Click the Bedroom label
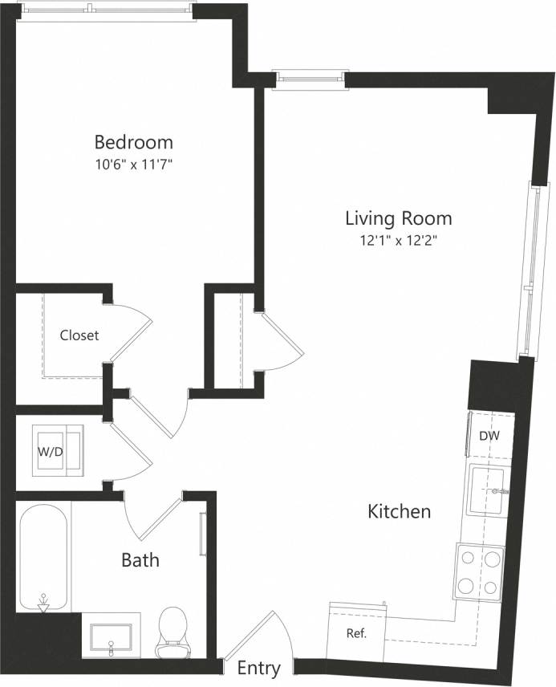133,143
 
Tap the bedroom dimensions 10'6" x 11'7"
133,165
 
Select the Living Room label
398,217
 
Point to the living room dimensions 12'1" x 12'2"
398,239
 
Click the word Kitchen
399,511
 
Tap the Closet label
79,335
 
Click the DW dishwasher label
489,436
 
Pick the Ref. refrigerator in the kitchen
356,633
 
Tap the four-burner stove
479,571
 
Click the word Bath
140,559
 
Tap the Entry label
258,669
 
